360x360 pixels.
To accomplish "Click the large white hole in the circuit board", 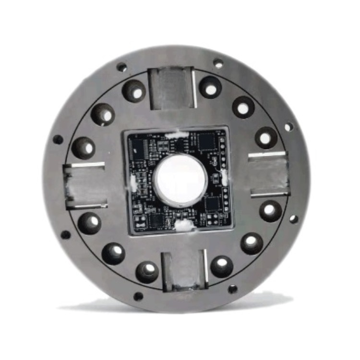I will click(180, 180).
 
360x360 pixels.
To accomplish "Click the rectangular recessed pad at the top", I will click(172, 88).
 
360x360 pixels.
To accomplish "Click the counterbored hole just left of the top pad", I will click(134, 91).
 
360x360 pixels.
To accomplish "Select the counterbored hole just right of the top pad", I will click(210, 87).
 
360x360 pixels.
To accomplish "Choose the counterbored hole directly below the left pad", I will click(89, 223).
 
